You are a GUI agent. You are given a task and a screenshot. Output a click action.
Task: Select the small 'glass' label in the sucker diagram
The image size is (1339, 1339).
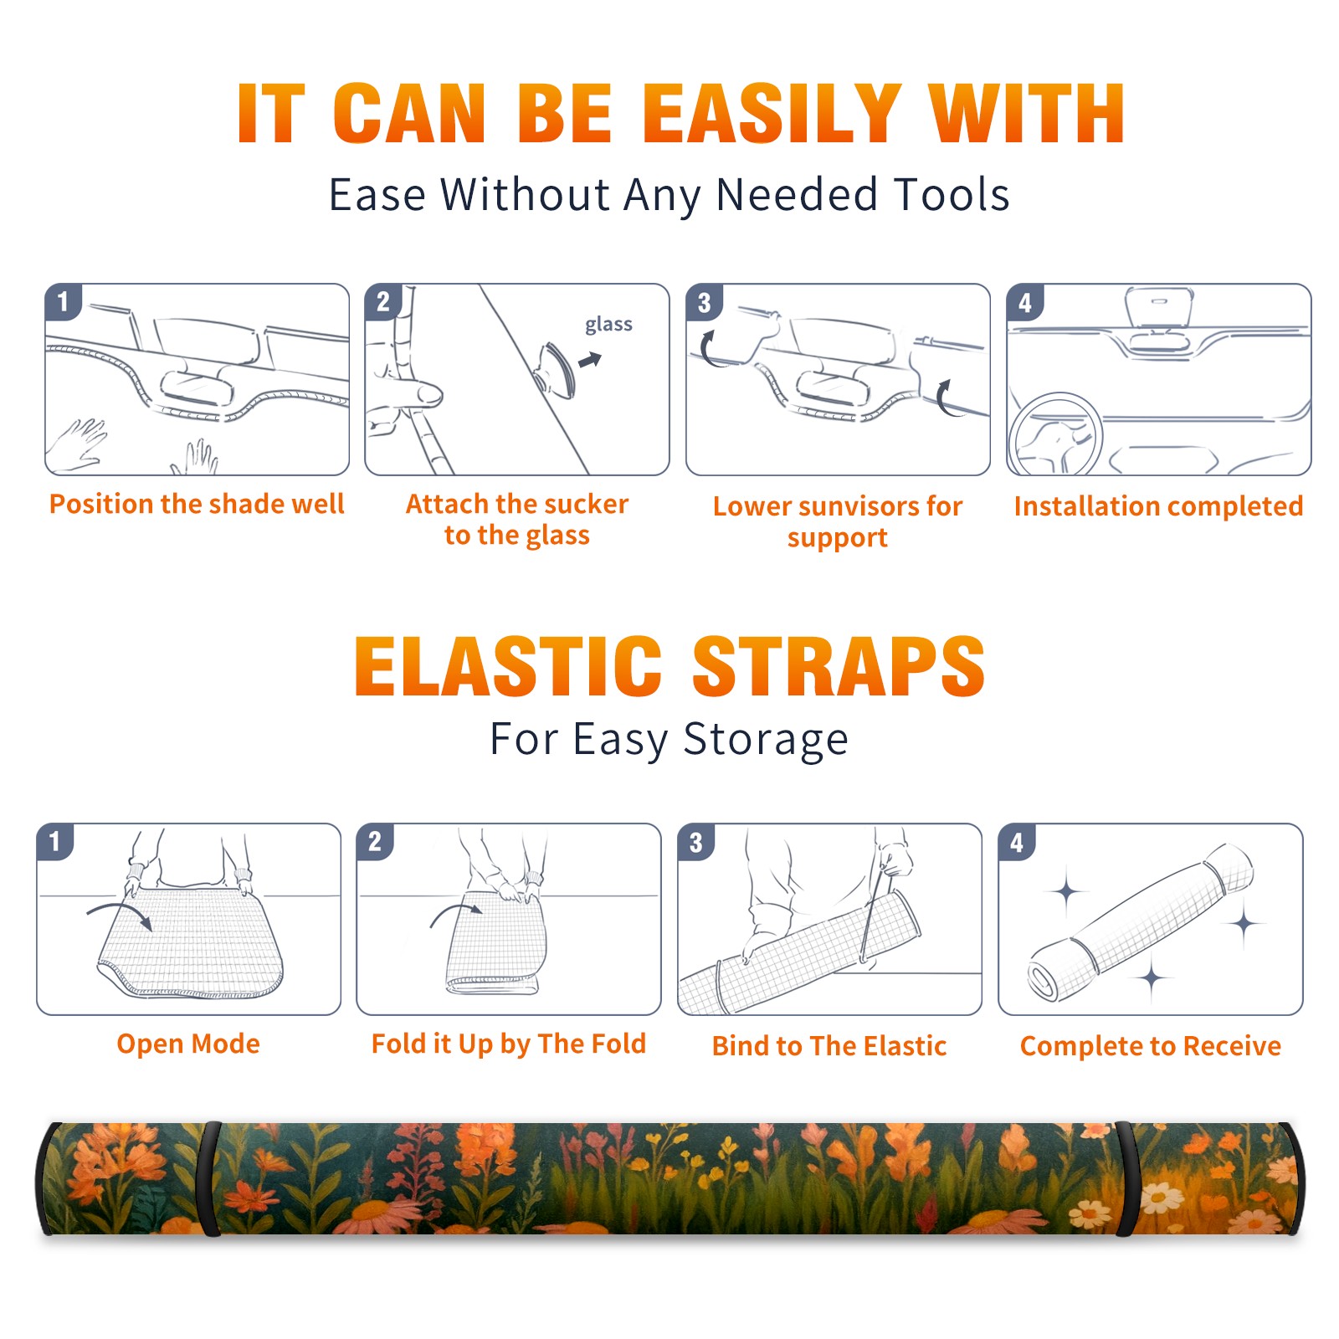pyautogui.click(x=608, y=325)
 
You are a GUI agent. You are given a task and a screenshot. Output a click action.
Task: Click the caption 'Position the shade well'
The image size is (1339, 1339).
pyautogui.click(x=197, y=504)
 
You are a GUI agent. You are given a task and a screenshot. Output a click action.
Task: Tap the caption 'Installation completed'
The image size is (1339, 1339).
pyautogui.click(x=1158, y=506)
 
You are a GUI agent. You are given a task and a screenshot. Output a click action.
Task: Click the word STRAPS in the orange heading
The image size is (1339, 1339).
pyautogui.click(x=839, y=666)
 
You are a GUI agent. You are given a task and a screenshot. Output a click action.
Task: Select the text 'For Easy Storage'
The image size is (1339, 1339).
pyautogui.click(x=669, y=740)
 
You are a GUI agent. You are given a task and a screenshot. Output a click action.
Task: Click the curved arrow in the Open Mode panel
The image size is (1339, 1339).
pyautogui.click(x=120, y=912)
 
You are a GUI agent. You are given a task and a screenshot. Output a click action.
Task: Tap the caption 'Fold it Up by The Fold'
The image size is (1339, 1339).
pyautogui.click(x=509, y=1044)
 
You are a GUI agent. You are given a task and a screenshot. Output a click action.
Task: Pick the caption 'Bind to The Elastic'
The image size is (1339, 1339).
pyautogui.click(x=829, y=1046)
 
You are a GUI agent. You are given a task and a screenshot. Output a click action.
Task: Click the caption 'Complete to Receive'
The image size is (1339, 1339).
pyautogui.click(x=1151, y=1046)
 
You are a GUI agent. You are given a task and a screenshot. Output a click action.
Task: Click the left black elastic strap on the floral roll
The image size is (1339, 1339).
pyautogui.click(x=210, y=1178)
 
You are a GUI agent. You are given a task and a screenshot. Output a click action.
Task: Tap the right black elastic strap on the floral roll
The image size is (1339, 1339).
pyautogui.click(x=1126, y=1178)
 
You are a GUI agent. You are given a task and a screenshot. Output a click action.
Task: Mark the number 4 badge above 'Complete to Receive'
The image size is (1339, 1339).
pyautogui.click(x=1018, y=842)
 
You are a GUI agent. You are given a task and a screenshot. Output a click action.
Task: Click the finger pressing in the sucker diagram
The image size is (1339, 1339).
pyautogui.click(x=410, y=393)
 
